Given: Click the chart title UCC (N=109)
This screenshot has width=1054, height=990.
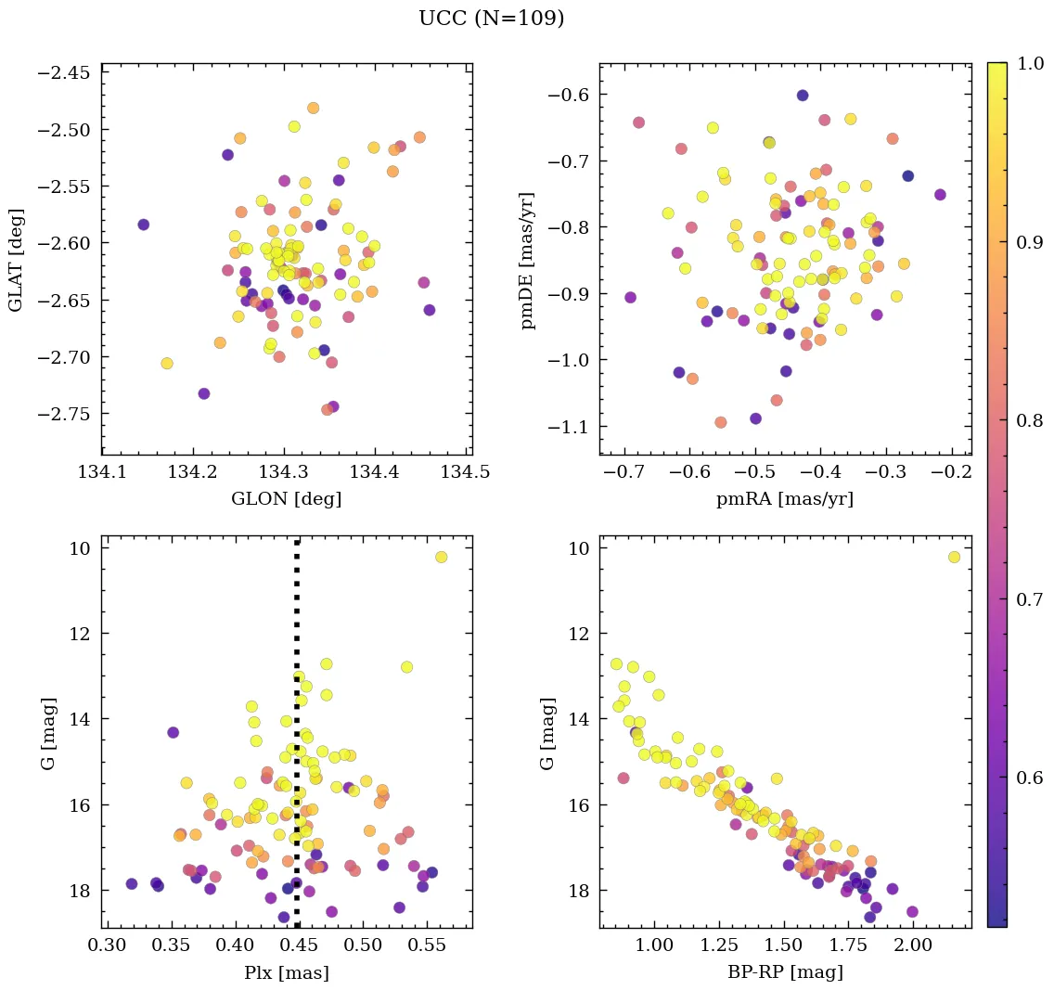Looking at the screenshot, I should (x=491, y=19).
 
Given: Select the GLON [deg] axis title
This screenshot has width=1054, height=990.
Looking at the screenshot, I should (x=286, y=499).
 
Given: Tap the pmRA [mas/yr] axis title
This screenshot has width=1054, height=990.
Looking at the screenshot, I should (x=784, y=499).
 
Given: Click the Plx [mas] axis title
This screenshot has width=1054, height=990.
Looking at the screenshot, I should (x=286, y=972).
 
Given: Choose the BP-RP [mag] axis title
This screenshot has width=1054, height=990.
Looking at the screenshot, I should (x=784, y=972).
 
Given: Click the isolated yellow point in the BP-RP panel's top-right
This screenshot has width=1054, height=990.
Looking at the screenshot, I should (x=954, y=557).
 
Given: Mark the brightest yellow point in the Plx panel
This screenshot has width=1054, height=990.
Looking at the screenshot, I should (x=441, y=557).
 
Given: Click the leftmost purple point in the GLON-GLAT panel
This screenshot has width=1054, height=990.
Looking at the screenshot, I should (x=143, y=225).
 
